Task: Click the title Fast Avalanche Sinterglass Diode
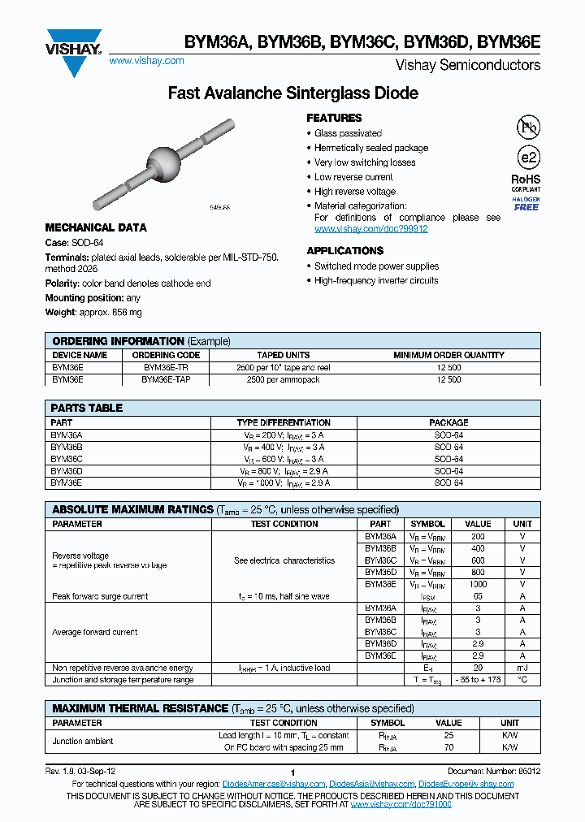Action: (292, 93)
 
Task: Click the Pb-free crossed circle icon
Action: (527, 127)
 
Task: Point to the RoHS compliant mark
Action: (526, 181)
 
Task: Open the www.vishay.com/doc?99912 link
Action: (370, 229)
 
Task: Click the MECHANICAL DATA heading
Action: (96, 228)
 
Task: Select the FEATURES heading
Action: (334, 119)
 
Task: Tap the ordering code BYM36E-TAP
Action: (166, 379)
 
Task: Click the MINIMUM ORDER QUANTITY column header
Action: (448, 355)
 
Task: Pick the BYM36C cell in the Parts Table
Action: (67, 459)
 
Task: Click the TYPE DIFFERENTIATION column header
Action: (284, 422)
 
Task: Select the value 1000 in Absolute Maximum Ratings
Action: (478, 584)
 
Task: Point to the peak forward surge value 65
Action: (478, 596)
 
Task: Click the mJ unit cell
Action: (522, 668)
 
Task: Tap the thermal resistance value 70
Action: (448, 746)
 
